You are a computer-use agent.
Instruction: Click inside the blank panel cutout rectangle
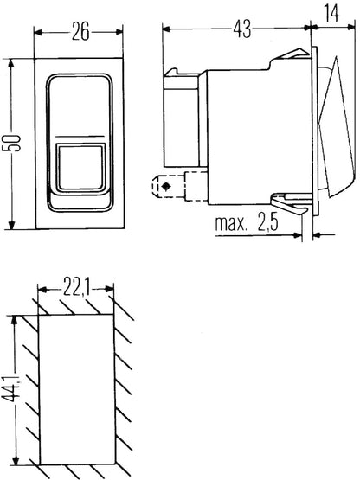click(x=77, y=389)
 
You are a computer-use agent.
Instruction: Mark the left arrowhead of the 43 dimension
click(x=165, y=29)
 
